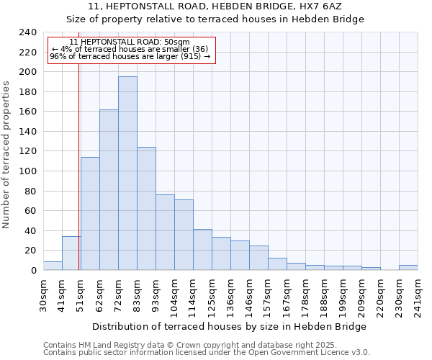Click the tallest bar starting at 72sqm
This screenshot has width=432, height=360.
(127, 173)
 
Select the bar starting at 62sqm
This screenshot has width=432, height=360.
(109, 190)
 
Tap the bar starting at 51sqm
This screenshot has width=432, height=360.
(90, 213)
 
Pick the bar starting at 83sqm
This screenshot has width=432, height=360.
(146, 209)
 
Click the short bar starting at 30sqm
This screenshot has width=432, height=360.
(53, 266)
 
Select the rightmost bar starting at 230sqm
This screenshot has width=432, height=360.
(408, 268)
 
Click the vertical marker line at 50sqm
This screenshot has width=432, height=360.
(78, 180)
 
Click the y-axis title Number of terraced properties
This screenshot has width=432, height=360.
(6, 154)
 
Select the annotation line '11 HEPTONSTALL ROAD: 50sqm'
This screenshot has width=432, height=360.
(130, 42)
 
